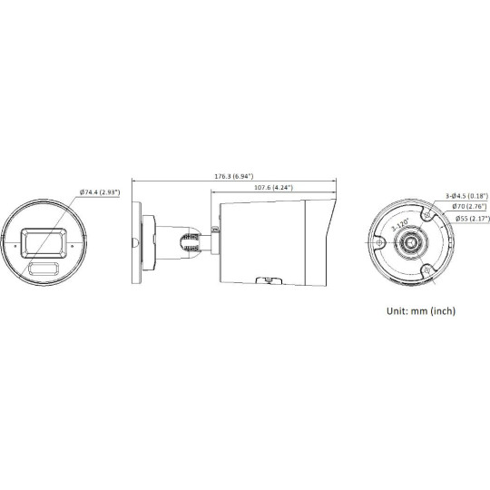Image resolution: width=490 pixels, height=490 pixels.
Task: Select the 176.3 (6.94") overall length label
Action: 231,175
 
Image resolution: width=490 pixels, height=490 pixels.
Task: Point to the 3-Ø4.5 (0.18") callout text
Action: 468,196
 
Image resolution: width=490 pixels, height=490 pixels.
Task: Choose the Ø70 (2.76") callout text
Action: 470,208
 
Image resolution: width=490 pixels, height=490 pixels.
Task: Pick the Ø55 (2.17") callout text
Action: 470,220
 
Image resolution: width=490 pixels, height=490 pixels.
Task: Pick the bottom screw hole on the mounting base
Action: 428,269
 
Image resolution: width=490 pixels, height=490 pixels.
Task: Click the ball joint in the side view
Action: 189,242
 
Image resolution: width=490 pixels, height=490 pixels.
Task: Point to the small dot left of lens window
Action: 15,244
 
